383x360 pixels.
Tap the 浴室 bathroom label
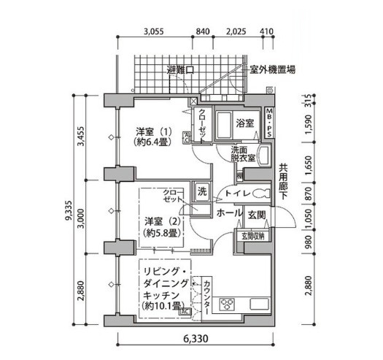[244, 123]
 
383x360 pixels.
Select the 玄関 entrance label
[256, 213]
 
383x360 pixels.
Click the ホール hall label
[230, 212]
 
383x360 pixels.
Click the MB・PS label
[270, 122]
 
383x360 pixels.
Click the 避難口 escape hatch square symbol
[190, 71]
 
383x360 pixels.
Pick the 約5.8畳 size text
[157, 233]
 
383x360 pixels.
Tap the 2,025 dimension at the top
[235, 31]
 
